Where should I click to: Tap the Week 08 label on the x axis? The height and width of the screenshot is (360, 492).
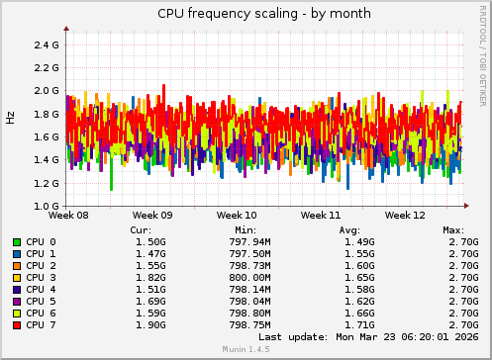pos(68,215)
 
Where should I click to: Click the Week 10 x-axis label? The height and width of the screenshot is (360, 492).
pos(237,215)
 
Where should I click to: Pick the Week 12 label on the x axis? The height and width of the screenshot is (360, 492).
pos(405,215)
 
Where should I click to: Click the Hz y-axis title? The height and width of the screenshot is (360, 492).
pos(11,117)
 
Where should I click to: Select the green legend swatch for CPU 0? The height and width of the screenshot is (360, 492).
pos(17,242)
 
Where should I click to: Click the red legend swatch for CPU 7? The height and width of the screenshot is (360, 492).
pos(17,324)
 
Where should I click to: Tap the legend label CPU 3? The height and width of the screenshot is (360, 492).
pos(42,278)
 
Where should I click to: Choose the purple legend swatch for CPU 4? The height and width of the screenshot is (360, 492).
pos(17,290)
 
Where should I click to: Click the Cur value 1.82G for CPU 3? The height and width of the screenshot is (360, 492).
pos(149,278)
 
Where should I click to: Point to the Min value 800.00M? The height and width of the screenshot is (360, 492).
pos(248,278)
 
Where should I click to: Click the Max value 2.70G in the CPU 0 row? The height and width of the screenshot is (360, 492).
pos(461,242)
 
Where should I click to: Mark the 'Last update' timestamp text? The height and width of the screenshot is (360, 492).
pos(380,336)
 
